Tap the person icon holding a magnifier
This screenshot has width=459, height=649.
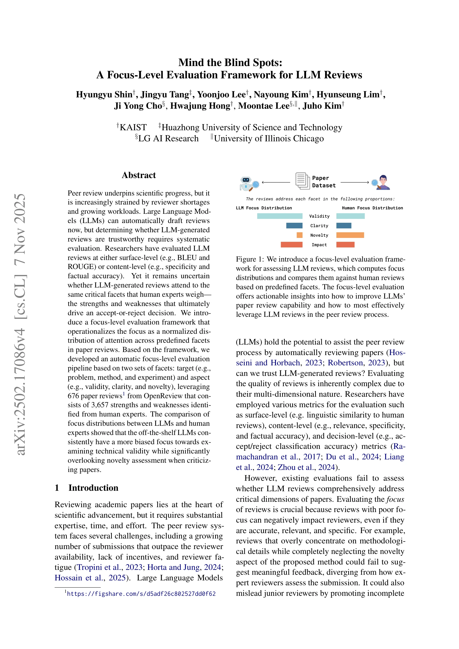pyautogui.click(x=381, y=182)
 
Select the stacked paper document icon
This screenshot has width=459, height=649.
pyautogui.click(x=302, y=181)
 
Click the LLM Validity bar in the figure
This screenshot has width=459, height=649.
pyautogui.click(x=279, y=216)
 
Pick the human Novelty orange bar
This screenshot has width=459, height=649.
pyautogui.click(x=350, y=235)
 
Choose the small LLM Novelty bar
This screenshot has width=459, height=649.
pyautogui.click(x=299, y=235)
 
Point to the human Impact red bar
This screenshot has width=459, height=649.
pyautogui.click(x=345, y=245)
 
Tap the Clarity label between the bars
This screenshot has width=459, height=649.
pyautogui.click(x=319, y=226)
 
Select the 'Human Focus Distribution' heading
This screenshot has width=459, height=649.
pyautogui.click(x=372, y=208)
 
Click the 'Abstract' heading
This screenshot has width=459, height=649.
pyautogui.click(x=139, y=175)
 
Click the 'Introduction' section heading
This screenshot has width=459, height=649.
pyautogui.click(x=93, y=488)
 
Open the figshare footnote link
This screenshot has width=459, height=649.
pyautogui.click(x=141, y=594)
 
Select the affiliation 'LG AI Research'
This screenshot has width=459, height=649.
pyautogui.click(x=168, y=138)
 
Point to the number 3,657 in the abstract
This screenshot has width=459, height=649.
pyautogui.click(x=100, y=405)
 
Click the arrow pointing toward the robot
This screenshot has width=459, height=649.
pyautogui.click(x=276, y=183)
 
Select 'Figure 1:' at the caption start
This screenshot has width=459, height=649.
pyautogui.click(x=250, y=259)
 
